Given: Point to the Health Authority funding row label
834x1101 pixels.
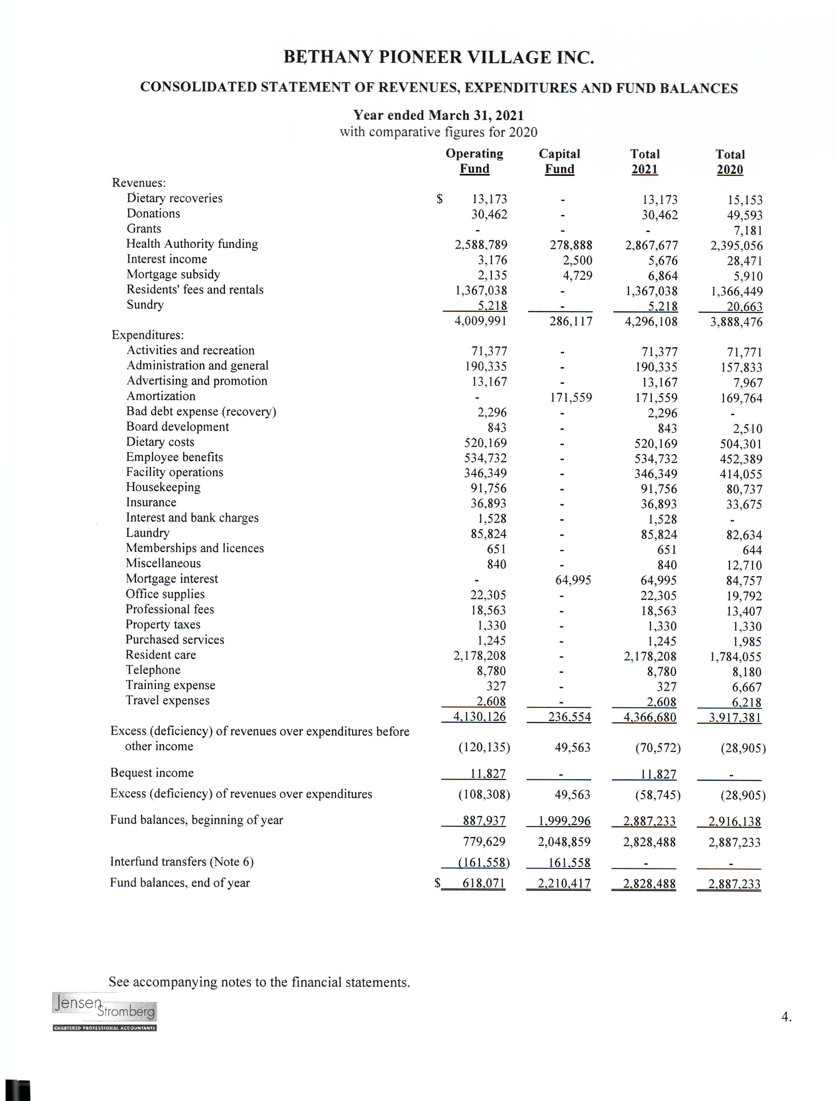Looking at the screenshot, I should [192, 244].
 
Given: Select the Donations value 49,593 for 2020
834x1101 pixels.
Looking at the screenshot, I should [744, 216].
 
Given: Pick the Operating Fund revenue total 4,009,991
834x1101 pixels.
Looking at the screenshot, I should [480, 321].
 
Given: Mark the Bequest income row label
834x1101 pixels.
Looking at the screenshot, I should [152, 773].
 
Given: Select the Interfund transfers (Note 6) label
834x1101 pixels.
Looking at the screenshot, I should [182, 862].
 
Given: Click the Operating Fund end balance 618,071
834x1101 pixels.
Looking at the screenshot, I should [483, 884].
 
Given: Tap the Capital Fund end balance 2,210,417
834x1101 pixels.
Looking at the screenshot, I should [564, 884].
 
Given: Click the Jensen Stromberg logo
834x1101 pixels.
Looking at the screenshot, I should [105, 1012].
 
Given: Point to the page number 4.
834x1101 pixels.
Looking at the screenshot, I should [786, 1017].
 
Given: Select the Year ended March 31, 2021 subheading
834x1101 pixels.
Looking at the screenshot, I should [438, 116].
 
